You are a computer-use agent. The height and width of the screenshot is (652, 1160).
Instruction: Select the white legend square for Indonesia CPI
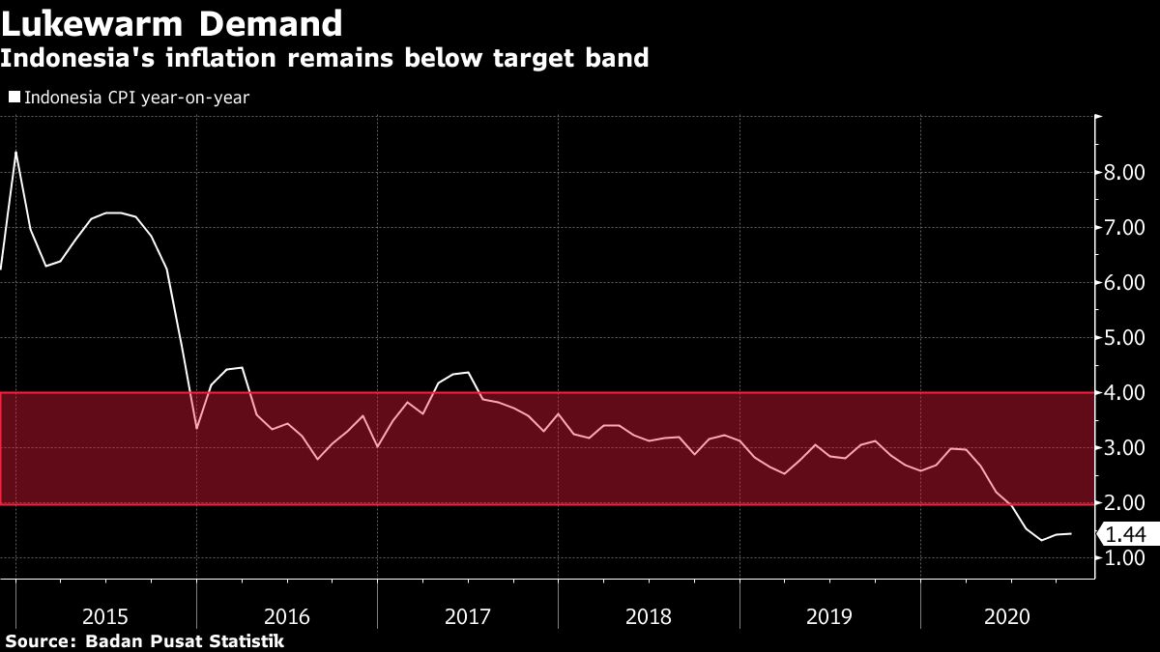14,97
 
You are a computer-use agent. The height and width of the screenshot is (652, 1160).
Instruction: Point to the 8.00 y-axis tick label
1125,173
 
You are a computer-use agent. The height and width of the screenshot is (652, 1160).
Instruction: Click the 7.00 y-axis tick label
1125,228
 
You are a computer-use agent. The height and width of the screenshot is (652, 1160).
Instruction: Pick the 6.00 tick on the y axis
1125,283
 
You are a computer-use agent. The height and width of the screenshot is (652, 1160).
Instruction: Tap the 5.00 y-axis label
1125,338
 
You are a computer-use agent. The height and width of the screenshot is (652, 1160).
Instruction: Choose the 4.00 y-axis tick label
1125,393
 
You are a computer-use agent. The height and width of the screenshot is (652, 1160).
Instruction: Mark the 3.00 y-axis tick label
1125,448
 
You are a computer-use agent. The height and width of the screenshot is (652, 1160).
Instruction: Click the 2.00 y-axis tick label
1125,503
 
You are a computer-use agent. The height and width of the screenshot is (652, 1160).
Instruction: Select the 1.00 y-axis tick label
1125,558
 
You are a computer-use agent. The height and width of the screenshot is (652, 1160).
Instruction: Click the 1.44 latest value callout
1125,533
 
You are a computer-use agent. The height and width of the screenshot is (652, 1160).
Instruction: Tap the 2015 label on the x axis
105,616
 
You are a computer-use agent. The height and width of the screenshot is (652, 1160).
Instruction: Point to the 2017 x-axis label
468,616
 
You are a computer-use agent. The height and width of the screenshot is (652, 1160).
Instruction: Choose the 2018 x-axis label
649,616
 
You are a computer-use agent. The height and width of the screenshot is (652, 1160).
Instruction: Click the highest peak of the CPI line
15,152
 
